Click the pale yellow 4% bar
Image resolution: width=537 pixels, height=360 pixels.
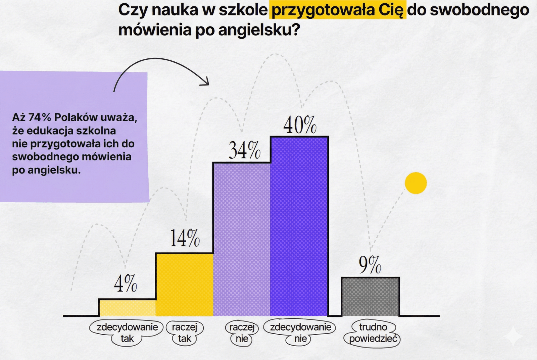tap(127, 307)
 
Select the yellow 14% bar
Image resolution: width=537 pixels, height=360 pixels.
tap(184, 285)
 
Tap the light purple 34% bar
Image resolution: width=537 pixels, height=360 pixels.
tap(242, 239)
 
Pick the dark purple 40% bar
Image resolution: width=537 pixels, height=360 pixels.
tap(299, 226)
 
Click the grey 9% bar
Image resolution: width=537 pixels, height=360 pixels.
tap(370, 297)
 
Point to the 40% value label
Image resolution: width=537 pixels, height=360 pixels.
tap(300, 125)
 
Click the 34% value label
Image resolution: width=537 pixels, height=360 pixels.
tap(244, 150)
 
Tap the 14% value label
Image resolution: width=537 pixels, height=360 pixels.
tap(185, 238)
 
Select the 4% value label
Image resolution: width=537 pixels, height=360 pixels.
tap(126, 284)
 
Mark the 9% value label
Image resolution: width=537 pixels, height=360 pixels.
tap(370, 265)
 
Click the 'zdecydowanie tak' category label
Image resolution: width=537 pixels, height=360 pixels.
tap(127, 332)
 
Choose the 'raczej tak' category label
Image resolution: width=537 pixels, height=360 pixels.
tap(184, 332)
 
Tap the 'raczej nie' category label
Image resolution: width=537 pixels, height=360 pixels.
tap(242, 332)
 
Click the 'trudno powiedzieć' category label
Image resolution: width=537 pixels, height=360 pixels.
tap(373, 332)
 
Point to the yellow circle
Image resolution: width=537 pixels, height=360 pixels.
tap(416, 183)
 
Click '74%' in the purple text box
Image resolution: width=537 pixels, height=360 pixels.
tap(40, 117)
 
